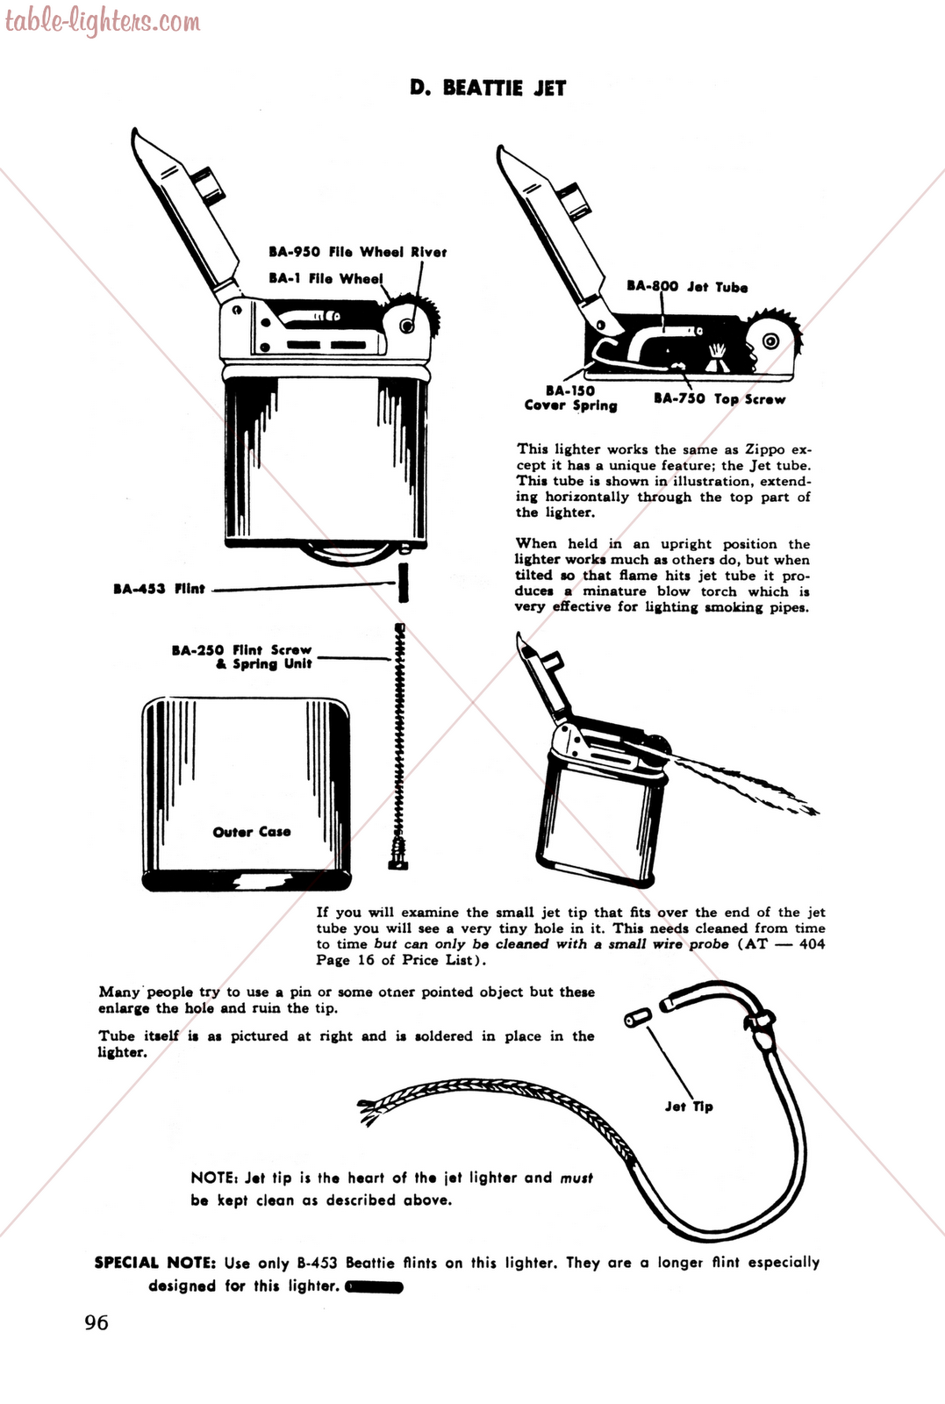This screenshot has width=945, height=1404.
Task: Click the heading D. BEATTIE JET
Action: [x=488, y=88]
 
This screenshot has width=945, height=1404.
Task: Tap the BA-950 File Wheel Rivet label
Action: [x=357, y=252]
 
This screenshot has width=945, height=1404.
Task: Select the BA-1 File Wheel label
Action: [x=326, y=278]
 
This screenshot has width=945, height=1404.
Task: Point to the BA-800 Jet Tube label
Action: [x=687, y=287]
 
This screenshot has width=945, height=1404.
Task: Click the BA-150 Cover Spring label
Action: [x=570, y=398]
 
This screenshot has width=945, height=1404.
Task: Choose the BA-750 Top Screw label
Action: [x=719, y=398]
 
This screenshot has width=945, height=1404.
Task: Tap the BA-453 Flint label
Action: [x=159, y=589]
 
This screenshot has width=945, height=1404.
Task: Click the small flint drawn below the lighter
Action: [x=403, y=584]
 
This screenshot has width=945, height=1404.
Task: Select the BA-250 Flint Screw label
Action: [x=241, y=657]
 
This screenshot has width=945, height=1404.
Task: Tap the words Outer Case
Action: [x=252, y=832]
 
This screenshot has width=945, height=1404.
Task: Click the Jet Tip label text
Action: [x=689, y=1107]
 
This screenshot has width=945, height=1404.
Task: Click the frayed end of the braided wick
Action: [x=371, y=1113]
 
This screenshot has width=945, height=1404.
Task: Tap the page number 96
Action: [x=97, y=1322]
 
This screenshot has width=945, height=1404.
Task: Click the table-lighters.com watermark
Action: [x=103, y=21]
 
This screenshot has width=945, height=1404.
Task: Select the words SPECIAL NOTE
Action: [x=154, y=1263]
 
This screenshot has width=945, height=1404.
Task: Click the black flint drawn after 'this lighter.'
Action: [x=375, y=1287]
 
